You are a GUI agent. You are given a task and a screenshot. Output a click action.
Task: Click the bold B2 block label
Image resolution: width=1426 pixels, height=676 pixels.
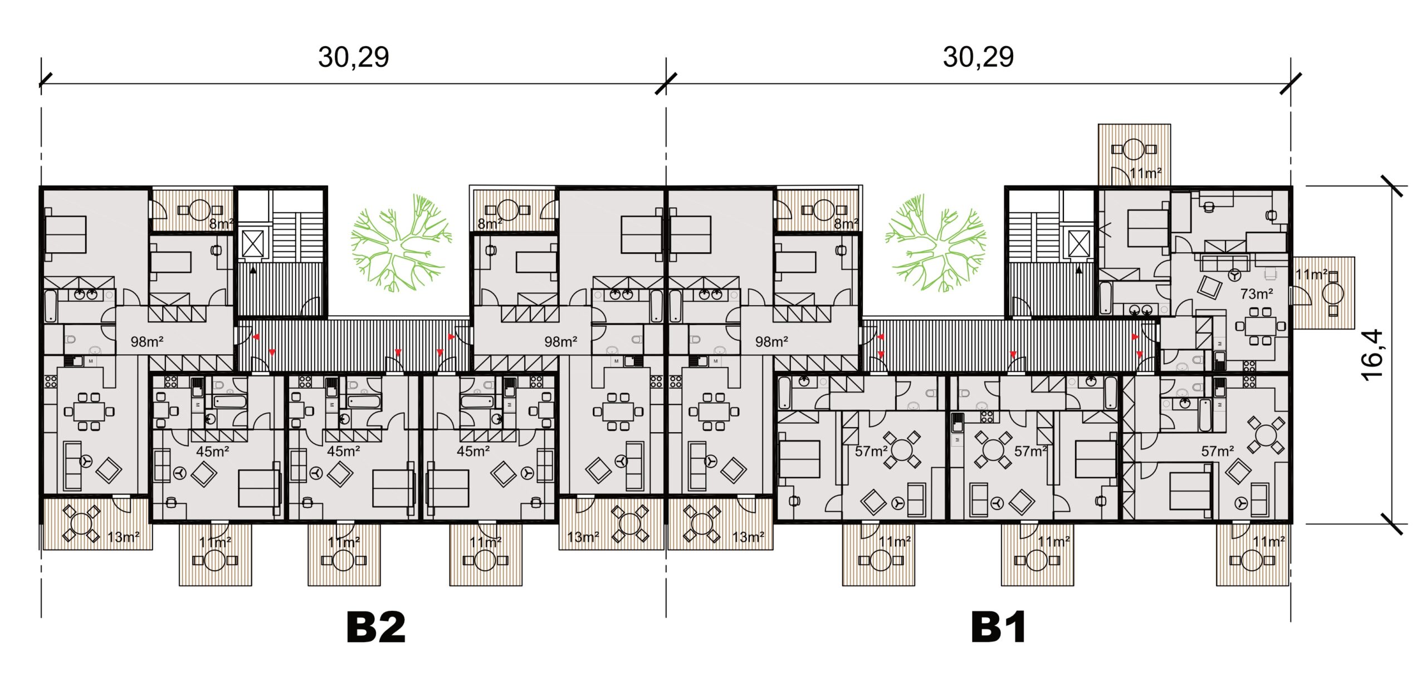click(376, 627)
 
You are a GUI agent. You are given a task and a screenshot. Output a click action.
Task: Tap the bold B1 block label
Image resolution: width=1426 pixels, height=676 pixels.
click(998, 627)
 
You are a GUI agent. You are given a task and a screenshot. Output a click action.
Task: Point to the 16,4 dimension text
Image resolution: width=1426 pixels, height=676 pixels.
click(1372, 355)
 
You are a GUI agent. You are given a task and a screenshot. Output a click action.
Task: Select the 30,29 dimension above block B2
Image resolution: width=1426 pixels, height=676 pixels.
click(353, 57)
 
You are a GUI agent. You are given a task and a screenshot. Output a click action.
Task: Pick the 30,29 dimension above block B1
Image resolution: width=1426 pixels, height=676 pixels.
click(978, 57)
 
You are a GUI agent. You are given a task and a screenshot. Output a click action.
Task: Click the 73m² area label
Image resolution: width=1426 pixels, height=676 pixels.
click(1257, 293)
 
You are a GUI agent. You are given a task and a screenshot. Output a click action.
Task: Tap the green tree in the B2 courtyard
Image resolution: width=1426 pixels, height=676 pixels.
click(401, 243)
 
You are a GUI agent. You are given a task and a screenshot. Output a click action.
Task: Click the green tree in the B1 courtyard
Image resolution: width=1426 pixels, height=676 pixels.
click(936, 243)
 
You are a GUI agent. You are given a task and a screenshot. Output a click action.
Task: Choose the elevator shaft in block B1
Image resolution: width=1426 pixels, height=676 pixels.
click(1079, 244)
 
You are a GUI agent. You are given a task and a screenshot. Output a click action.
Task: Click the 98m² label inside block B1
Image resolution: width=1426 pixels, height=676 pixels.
click(771, 341)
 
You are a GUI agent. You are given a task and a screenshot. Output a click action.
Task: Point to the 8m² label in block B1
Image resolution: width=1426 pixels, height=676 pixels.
click(846, 224)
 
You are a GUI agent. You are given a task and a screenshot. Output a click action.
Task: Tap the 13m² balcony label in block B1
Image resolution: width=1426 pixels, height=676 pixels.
click(748, 537)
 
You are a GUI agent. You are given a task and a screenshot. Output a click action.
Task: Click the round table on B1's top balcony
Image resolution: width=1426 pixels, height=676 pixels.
click(1134, 149)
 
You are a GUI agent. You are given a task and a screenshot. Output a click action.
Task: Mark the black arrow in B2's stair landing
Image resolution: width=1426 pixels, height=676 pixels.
click(253, 270)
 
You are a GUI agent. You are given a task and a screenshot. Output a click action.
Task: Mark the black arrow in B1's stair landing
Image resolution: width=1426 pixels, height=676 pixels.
click(1079, 270)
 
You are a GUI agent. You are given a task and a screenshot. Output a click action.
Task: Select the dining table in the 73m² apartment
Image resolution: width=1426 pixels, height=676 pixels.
click(1258, 326)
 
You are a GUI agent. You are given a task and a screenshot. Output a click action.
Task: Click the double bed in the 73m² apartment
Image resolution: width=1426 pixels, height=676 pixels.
click(1147, 228)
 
